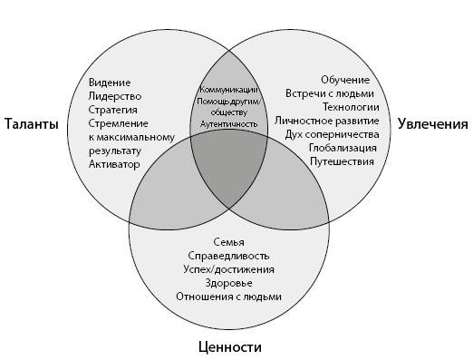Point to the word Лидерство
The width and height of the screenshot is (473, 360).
(x=115, y=96)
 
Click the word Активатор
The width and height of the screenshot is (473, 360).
(x=114, y=164)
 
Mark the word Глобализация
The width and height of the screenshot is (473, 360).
(x=341, y=148)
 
